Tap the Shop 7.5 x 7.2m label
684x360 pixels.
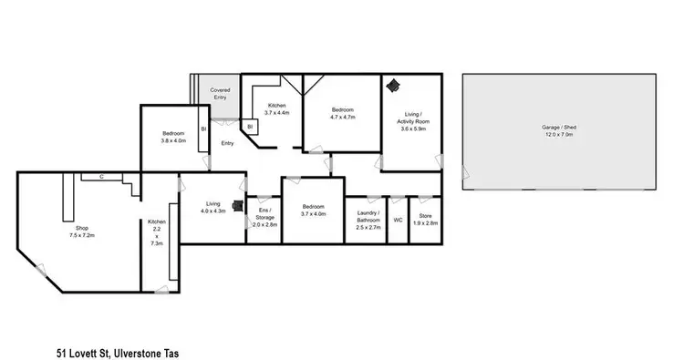[87, 231]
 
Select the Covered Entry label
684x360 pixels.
[220, 93]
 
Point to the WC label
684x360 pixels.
[398, 220]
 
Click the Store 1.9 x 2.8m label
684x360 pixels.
[425, 220]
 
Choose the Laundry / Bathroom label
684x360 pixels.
[368, 220]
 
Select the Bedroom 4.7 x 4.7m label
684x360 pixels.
[342, 113]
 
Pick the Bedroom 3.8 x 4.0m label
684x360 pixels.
[173, 137]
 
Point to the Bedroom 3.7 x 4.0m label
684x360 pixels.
[313, 211]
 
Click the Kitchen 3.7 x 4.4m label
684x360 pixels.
[276, 108]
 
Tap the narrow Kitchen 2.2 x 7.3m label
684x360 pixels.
[157, 232]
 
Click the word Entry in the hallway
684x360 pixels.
[227, 143]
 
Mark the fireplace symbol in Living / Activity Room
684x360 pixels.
[392, 85]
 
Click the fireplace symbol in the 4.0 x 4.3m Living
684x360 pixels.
[239, 206]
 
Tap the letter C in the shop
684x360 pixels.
[102, 176]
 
